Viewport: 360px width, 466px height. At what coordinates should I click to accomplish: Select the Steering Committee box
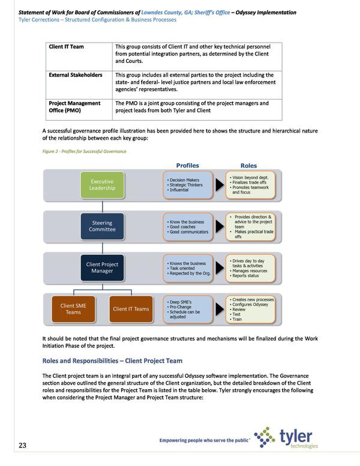[x=102, y=227]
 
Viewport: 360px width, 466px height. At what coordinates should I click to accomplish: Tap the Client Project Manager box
[x=102, y=267]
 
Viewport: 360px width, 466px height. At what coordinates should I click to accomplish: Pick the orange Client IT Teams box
[x=130, y=309]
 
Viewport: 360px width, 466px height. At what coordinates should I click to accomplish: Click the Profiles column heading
[x=187, y=165]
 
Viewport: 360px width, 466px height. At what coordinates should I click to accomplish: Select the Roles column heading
[x=248, y=165]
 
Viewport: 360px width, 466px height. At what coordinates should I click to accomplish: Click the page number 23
[x=22, y=445]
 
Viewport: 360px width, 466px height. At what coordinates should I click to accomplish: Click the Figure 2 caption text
[x=85, y=152]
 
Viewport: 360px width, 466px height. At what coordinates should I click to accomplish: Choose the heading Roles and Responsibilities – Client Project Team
[x=112, y=360]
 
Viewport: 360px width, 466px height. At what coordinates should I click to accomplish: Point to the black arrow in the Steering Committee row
[x=220, y=227]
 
